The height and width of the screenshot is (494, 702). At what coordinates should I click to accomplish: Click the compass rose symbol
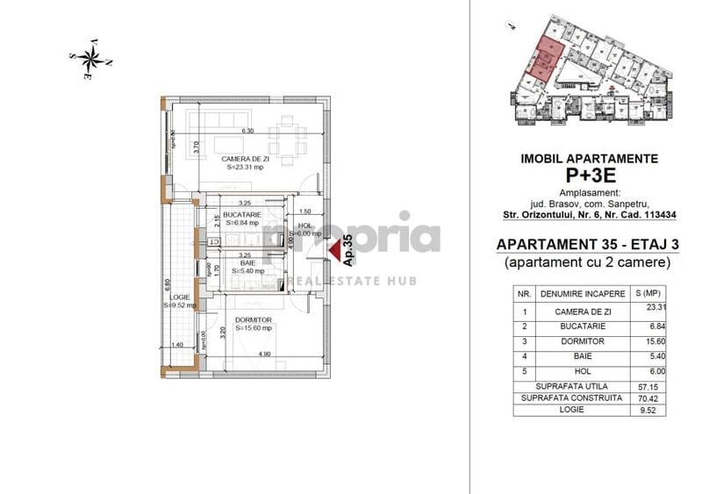(x=90, y=59)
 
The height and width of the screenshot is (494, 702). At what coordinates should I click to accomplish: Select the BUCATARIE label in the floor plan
(x=243, y=215)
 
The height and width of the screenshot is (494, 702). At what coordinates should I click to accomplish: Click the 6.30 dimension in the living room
(x=247, y=131)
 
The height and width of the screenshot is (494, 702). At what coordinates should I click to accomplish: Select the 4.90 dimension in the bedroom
(x=263, y=354)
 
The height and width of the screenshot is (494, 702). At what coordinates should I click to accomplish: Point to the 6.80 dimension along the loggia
(x=166, y=287)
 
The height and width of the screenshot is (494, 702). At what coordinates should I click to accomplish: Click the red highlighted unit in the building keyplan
(x=544, y=61)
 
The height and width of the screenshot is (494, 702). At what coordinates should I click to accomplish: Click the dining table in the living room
(x=286, y=139)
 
